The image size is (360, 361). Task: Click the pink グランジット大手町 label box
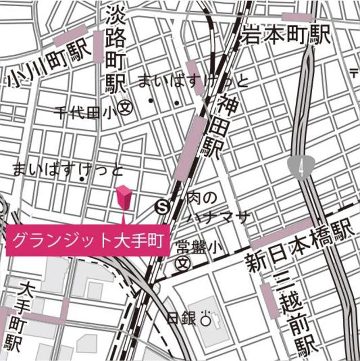[88, 240]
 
